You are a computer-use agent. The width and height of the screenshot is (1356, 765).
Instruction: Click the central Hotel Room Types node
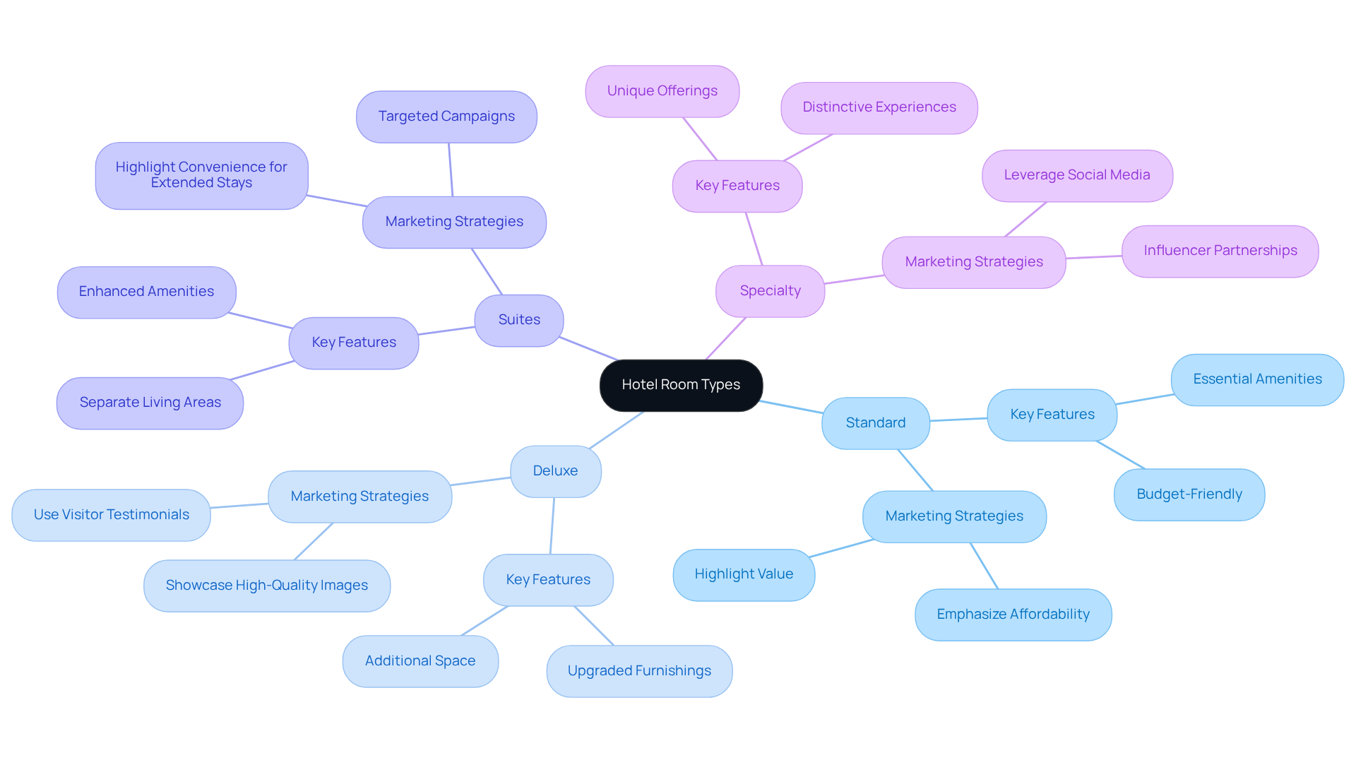tap(681, 385)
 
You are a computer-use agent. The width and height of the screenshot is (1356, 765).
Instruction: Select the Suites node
tap(519, 320)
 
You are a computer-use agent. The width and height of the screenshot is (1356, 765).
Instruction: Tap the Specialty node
tap(770, 291)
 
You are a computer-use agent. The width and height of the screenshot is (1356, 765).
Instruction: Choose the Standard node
tap(875, 423)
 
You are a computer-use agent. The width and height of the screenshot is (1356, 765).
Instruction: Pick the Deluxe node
tap(555, 471)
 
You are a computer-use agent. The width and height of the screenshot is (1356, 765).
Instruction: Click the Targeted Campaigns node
tap(446, 117)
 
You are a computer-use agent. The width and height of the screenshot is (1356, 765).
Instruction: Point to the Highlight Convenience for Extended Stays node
tap(201, 175)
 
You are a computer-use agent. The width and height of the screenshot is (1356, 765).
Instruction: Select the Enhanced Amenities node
tap(146, 292)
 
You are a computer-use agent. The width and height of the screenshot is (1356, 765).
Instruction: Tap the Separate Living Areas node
tap(150, 403)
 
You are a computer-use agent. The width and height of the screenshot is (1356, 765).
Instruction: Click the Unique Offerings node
tap(662, 91)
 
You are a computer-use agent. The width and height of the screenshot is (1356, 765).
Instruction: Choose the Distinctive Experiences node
tap(879, 107)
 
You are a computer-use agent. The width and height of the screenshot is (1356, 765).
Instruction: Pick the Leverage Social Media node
tap(1076, 175)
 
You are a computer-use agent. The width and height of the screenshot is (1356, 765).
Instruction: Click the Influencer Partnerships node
tap(1220, 251)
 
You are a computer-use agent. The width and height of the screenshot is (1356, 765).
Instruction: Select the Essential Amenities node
tap(1257, 379)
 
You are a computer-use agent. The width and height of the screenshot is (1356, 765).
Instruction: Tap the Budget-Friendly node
tap(1189, 494)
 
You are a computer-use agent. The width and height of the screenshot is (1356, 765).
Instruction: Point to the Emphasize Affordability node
tap(1013, 615)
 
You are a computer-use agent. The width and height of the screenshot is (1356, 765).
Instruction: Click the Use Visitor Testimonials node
tap(111, 515)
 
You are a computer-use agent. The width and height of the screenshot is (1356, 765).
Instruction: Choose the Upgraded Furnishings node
tap(639, 671)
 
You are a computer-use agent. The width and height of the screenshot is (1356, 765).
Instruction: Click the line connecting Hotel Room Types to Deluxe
tap(617, 429)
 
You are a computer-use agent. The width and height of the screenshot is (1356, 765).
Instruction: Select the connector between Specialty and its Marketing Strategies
tap(853, 280)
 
